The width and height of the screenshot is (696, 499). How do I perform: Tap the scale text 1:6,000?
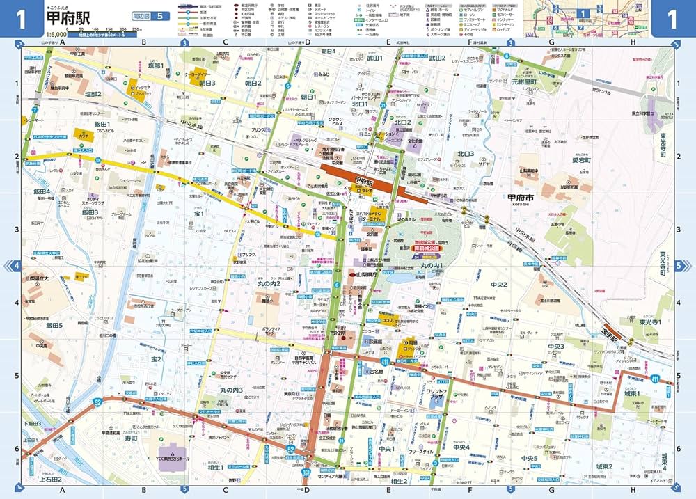pos(58,34)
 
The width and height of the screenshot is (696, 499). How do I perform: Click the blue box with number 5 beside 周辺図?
pos(159,16)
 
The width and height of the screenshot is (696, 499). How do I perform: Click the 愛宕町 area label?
pos(581,159)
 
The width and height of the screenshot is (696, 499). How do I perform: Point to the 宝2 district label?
pos(154,359)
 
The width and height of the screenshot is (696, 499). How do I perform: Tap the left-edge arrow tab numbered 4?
pos(15,265)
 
